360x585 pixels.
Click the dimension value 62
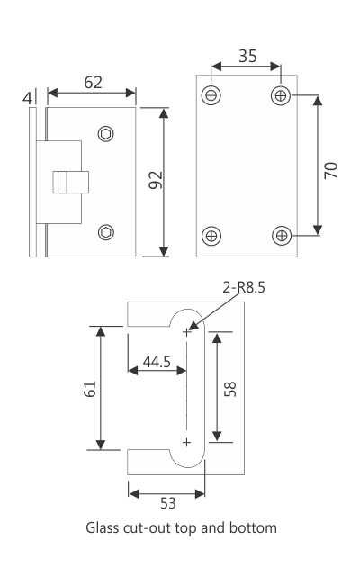pos(93,82)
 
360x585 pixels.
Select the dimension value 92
pos(154,181)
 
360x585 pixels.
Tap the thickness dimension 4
pos(28,97)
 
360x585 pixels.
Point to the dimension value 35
pos(247,56)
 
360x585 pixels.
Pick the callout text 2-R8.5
pos(245,288)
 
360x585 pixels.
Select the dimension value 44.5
pos(157,362)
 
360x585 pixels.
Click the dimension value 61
pos(88,388)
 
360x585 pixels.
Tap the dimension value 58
pos(229,388)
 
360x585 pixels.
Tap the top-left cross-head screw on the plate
pos(212,95)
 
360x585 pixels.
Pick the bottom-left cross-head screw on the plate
pos(212,236)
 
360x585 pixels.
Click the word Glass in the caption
pos(103,527)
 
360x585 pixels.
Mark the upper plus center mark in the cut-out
pos(187,332)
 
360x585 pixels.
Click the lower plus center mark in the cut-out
pos(187,442)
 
